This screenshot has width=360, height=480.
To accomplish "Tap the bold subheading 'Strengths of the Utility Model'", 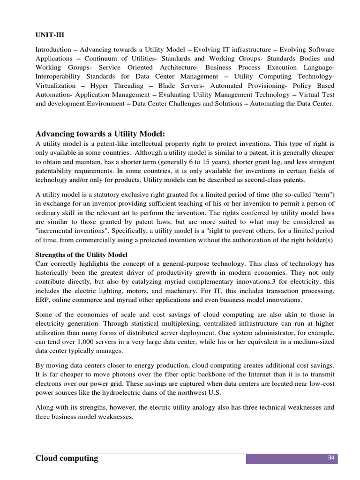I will tap(82, 255).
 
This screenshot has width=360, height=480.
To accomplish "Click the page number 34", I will tap(330, 458).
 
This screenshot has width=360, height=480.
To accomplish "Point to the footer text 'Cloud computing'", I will tap(67, 458).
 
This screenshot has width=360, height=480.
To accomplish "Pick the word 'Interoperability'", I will tap(60, 76).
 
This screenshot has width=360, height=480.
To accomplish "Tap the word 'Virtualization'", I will tap(55, 86).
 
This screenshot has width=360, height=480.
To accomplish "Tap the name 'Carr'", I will tap(43, 263).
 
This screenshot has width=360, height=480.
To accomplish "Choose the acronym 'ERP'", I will tap(43, 300).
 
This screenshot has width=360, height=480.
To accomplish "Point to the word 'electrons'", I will tap(51, 383).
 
